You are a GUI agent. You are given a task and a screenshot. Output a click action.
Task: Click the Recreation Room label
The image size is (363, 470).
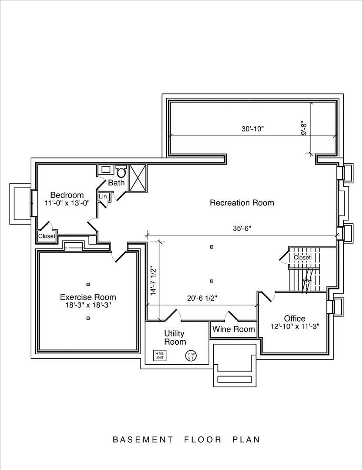point(242,203)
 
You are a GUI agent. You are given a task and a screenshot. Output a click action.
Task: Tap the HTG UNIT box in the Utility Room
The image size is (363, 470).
point(160,356)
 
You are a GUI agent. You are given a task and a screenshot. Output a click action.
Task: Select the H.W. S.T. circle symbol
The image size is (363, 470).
point(191,356)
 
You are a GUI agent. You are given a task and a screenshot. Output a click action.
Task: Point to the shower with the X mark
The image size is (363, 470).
point(139,178)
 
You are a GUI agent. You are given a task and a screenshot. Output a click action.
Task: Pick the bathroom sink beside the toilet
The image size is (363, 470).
point(106,170)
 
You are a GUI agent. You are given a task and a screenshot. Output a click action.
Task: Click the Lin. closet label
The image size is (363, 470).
point(103,197)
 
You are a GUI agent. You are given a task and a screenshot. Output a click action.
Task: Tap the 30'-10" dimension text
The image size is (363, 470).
point(253,129)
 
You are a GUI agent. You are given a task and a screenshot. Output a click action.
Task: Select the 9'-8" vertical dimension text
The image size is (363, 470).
point(304,128)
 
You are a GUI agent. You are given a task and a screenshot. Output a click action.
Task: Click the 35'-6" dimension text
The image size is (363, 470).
point(242,228)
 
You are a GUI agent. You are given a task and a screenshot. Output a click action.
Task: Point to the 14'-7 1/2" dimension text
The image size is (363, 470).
point(153,281)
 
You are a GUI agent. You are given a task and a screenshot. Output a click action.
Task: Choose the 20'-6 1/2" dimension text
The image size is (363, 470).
point(202,298)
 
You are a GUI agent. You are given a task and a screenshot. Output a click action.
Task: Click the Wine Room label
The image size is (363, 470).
point(234,329)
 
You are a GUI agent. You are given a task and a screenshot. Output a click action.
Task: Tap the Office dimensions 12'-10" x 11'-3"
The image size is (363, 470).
point(295,327)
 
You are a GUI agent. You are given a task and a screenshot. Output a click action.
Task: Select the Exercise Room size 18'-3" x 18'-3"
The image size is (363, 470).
point(88,305)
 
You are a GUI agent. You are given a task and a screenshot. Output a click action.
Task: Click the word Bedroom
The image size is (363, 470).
point(67,195)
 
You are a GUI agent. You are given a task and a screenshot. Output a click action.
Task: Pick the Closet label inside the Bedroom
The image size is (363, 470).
point(47,236)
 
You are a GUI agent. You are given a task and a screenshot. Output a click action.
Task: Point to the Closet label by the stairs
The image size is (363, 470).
point(302,258)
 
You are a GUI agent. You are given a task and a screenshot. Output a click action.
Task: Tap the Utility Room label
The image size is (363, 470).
point(175,337)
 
